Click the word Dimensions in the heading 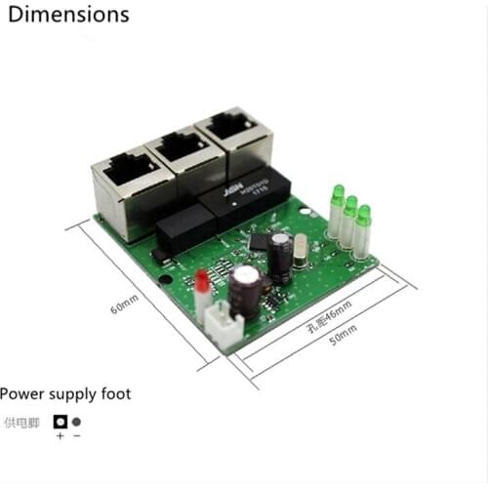(x=68, y=15)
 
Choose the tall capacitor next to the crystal (x=281, y=255)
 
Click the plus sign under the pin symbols (x=60, y=436)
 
